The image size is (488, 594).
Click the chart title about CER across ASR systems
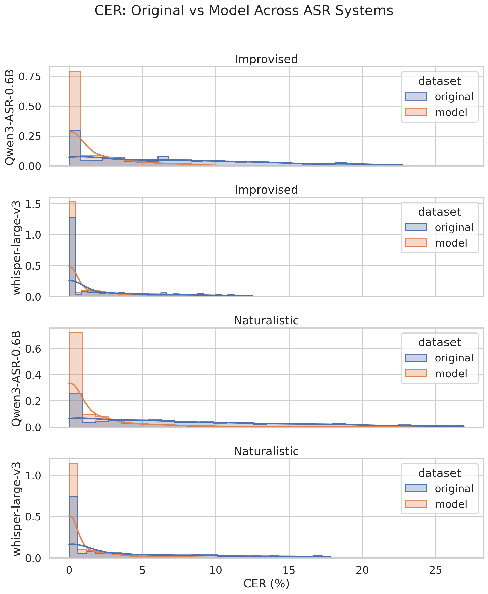244,11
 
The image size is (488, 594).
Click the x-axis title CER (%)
266,583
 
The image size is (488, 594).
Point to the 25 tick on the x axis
435,570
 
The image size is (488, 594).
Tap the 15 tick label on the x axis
289,570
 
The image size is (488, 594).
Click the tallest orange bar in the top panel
75,118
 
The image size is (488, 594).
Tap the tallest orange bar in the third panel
76,380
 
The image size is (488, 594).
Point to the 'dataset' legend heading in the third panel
439,342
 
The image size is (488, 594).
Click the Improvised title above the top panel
266,59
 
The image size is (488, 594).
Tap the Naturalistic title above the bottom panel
266,451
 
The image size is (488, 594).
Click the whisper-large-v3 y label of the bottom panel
17,509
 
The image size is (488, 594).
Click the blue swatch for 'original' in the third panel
416,358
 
